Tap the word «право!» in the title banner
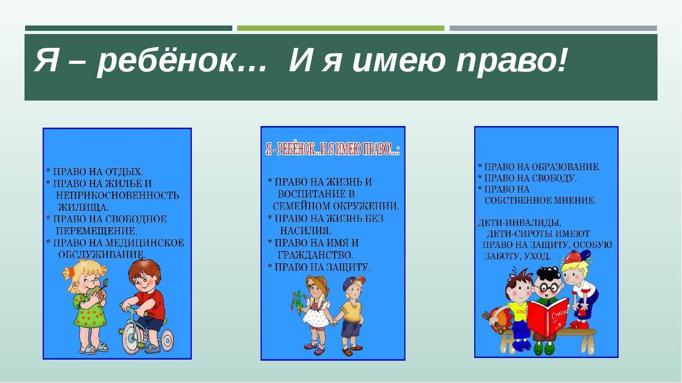point(511,61)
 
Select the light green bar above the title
point(340,28)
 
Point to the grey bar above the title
point(553,28)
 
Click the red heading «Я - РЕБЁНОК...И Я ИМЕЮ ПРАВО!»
point(333,149)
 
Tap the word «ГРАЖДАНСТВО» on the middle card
point(315,255)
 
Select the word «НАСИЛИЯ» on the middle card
point(305,231)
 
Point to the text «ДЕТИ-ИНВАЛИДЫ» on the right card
point(519,223)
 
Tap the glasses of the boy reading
point(549,288)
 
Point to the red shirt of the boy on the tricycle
point(152,303)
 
